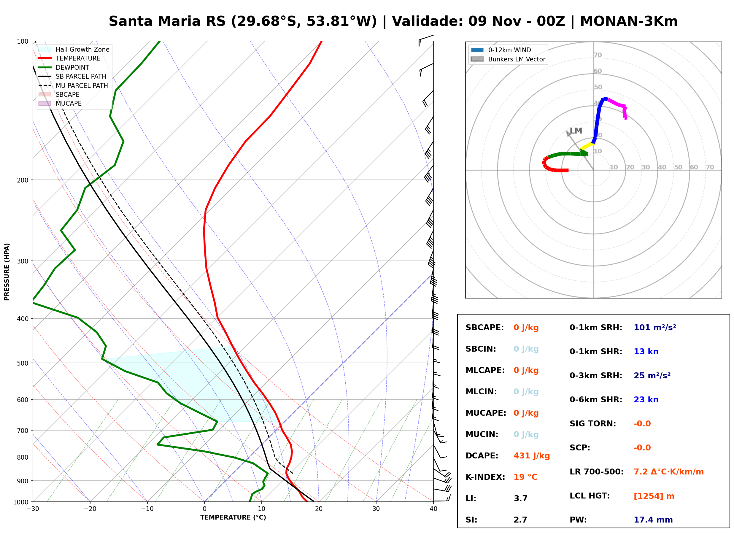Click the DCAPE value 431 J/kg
531,455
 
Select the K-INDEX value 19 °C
525,477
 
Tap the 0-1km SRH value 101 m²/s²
654,327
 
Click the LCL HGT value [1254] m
654,496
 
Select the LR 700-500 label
596,472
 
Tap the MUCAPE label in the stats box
486,413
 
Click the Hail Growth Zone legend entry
74,49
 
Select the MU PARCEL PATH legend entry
73,85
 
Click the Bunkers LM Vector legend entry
508,59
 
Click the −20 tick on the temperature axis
90,509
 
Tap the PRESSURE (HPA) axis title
7,271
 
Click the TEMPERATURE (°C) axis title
233,517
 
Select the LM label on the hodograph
576,131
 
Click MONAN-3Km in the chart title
629,21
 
